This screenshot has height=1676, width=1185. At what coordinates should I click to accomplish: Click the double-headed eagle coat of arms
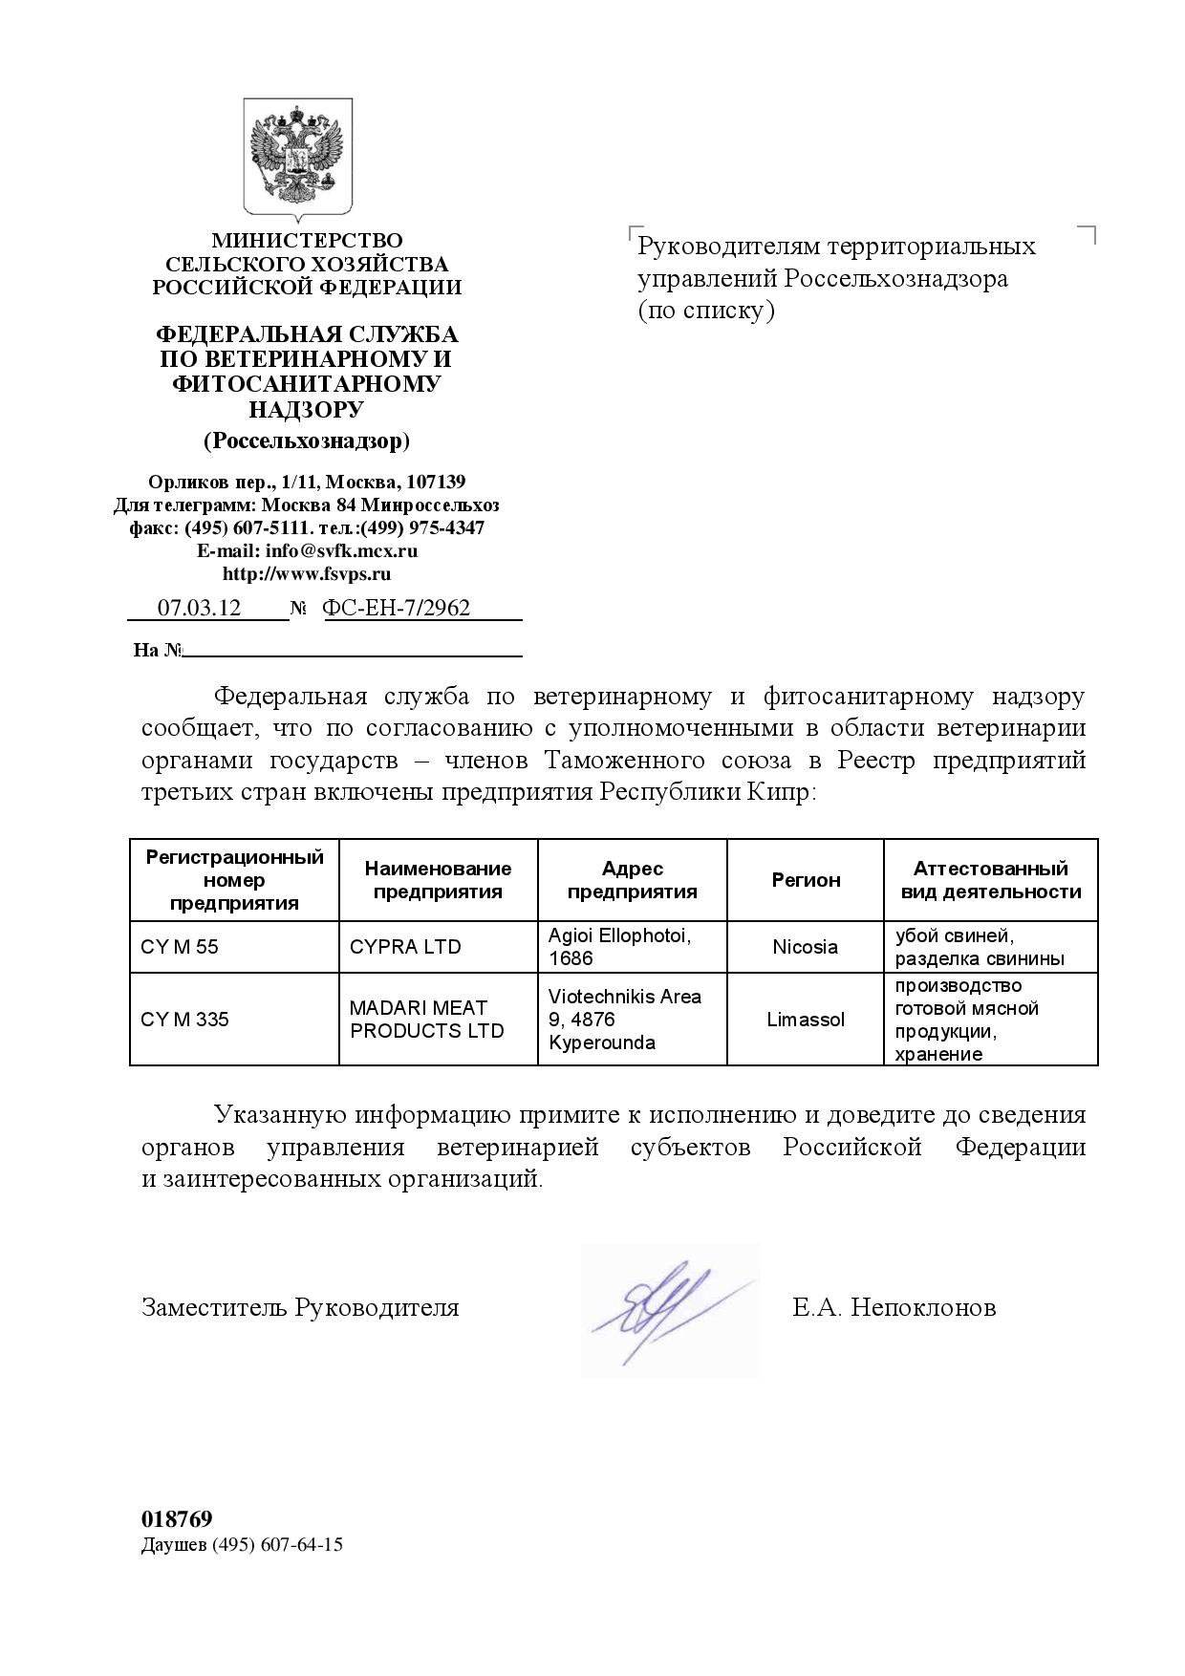coord(297,156)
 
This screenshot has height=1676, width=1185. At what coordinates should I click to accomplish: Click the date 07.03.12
coord(199,608)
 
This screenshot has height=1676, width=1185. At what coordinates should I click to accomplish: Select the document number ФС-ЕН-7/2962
coord(397,608)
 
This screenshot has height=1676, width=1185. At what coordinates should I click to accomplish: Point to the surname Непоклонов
coord(923,1307)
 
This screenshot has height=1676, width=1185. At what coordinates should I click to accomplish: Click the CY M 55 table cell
coord(180,947)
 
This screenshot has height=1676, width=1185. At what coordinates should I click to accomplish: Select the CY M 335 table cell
coord(184,1020)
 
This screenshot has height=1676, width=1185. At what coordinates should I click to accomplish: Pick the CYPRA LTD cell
coord(405,947)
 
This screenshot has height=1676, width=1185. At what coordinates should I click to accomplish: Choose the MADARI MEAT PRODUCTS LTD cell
coord(426,1020)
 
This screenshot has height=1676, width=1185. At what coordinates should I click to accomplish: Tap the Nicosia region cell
coord(805,947)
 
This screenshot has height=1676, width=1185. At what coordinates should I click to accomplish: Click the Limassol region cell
coord(805,1020)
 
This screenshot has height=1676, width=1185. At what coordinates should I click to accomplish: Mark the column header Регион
coord(806,880)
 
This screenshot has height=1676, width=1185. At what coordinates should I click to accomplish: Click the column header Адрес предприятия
coord(632,880)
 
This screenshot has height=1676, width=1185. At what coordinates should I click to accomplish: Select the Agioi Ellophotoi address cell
coord(618,947)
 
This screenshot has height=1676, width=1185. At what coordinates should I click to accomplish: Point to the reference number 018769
coord(177,1519)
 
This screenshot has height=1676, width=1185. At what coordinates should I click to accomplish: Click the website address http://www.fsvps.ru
coord(306,574)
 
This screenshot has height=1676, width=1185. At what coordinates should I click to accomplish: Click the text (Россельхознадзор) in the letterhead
coord(306,440)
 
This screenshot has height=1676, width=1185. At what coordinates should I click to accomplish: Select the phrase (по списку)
coord(705,311)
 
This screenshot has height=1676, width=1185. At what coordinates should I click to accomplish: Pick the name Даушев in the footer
coord(173,1545)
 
